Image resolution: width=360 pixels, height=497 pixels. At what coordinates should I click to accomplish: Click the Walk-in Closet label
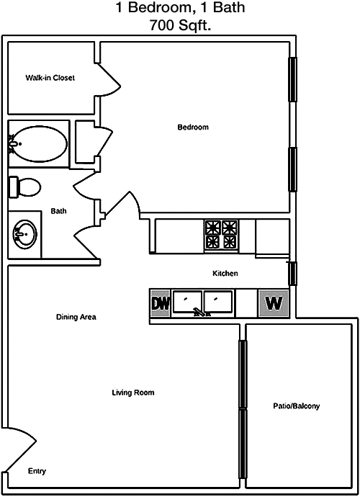click(50, 78)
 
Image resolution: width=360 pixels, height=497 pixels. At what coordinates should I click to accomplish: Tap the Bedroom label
click(193, 127)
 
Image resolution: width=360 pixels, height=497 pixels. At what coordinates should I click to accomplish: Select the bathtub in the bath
click(38, 143)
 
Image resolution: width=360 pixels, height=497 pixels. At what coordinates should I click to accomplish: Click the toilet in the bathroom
click(24, 187)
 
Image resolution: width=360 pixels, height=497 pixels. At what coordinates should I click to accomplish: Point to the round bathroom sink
click(24, 235)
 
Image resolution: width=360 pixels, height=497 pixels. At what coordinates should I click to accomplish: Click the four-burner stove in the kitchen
click(221, 235)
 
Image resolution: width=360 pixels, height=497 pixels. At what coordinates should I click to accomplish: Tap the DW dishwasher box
click(160, 303)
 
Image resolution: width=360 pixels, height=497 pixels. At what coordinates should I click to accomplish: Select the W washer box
click(274, 303)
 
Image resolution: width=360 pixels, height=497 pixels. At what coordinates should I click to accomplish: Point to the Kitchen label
click(225, 273)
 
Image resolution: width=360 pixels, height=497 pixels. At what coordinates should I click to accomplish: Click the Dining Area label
click(76, 317)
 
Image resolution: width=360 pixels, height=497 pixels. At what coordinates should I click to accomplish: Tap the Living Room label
click(133, 393)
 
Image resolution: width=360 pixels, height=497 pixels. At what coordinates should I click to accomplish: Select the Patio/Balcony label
click(297, 406)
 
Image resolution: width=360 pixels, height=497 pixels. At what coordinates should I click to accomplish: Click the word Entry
click(37, 471)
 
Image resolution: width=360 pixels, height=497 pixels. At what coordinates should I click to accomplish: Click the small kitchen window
click(292, 274)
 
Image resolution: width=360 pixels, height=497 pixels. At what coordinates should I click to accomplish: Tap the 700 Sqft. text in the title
click(180, 25)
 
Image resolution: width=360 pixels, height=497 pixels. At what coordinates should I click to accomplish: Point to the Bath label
click(58, 211)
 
